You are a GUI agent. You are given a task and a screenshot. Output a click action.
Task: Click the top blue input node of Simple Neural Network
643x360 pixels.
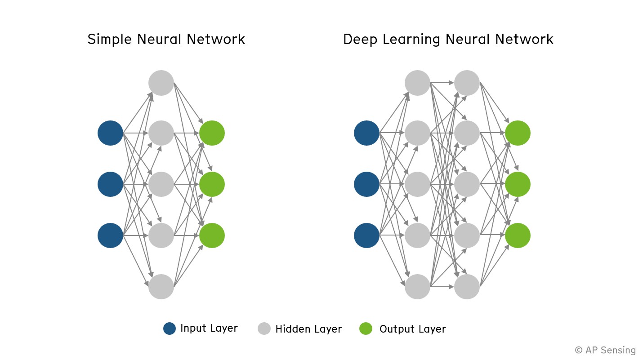[110, 133]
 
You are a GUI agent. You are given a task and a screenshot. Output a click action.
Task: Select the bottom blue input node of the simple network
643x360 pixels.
[110, 236]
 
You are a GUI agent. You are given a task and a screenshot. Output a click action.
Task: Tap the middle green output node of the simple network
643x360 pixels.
[212, 184]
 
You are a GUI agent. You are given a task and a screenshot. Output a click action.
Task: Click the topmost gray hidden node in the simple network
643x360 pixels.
[161, 83]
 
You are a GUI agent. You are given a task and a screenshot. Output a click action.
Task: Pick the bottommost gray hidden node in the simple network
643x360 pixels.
[161, 286]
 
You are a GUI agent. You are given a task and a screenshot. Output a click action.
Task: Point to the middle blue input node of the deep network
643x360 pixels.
[366, 184]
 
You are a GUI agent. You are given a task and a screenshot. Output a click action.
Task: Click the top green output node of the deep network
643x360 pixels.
[518, 133]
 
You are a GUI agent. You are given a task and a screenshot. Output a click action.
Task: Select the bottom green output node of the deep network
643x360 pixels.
[518, 236]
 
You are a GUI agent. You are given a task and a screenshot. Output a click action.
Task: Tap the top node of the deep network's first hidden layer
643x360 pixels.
[417, 83]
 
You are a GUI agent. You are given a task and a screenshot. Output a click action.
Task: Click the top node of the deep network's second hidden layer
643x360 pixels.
[467, 83]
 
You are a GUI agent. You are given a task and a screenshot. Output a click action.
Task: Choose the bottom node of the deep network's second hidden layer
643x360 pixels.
[467, 286]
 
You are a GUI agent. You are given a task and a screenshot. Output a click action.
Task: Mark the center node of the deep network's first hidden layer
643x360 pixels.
[417, 184]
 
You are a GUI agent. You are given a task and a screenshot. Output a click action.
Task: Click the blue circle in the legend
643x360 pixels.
[170, 329]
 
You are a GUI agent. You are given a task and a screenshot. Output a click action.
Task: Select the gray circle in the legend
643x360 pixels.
[264, 329]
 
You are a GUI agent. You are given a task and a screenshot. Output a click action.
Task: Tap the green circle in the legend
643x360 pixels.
[366, 329]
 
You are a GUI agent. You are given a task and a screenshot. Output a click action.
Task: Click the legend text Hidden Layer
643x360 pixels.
[308, 329]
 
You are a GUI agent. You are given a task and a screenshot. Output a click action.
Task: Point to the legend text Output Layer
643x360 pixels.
[412, 329]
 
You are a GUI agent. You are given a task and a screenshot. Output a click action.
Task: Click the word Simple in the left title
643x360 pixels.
[109, 40]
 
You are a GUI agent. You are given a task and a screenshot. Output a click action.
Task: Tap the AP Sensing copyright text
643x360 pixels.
[605, 350]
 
